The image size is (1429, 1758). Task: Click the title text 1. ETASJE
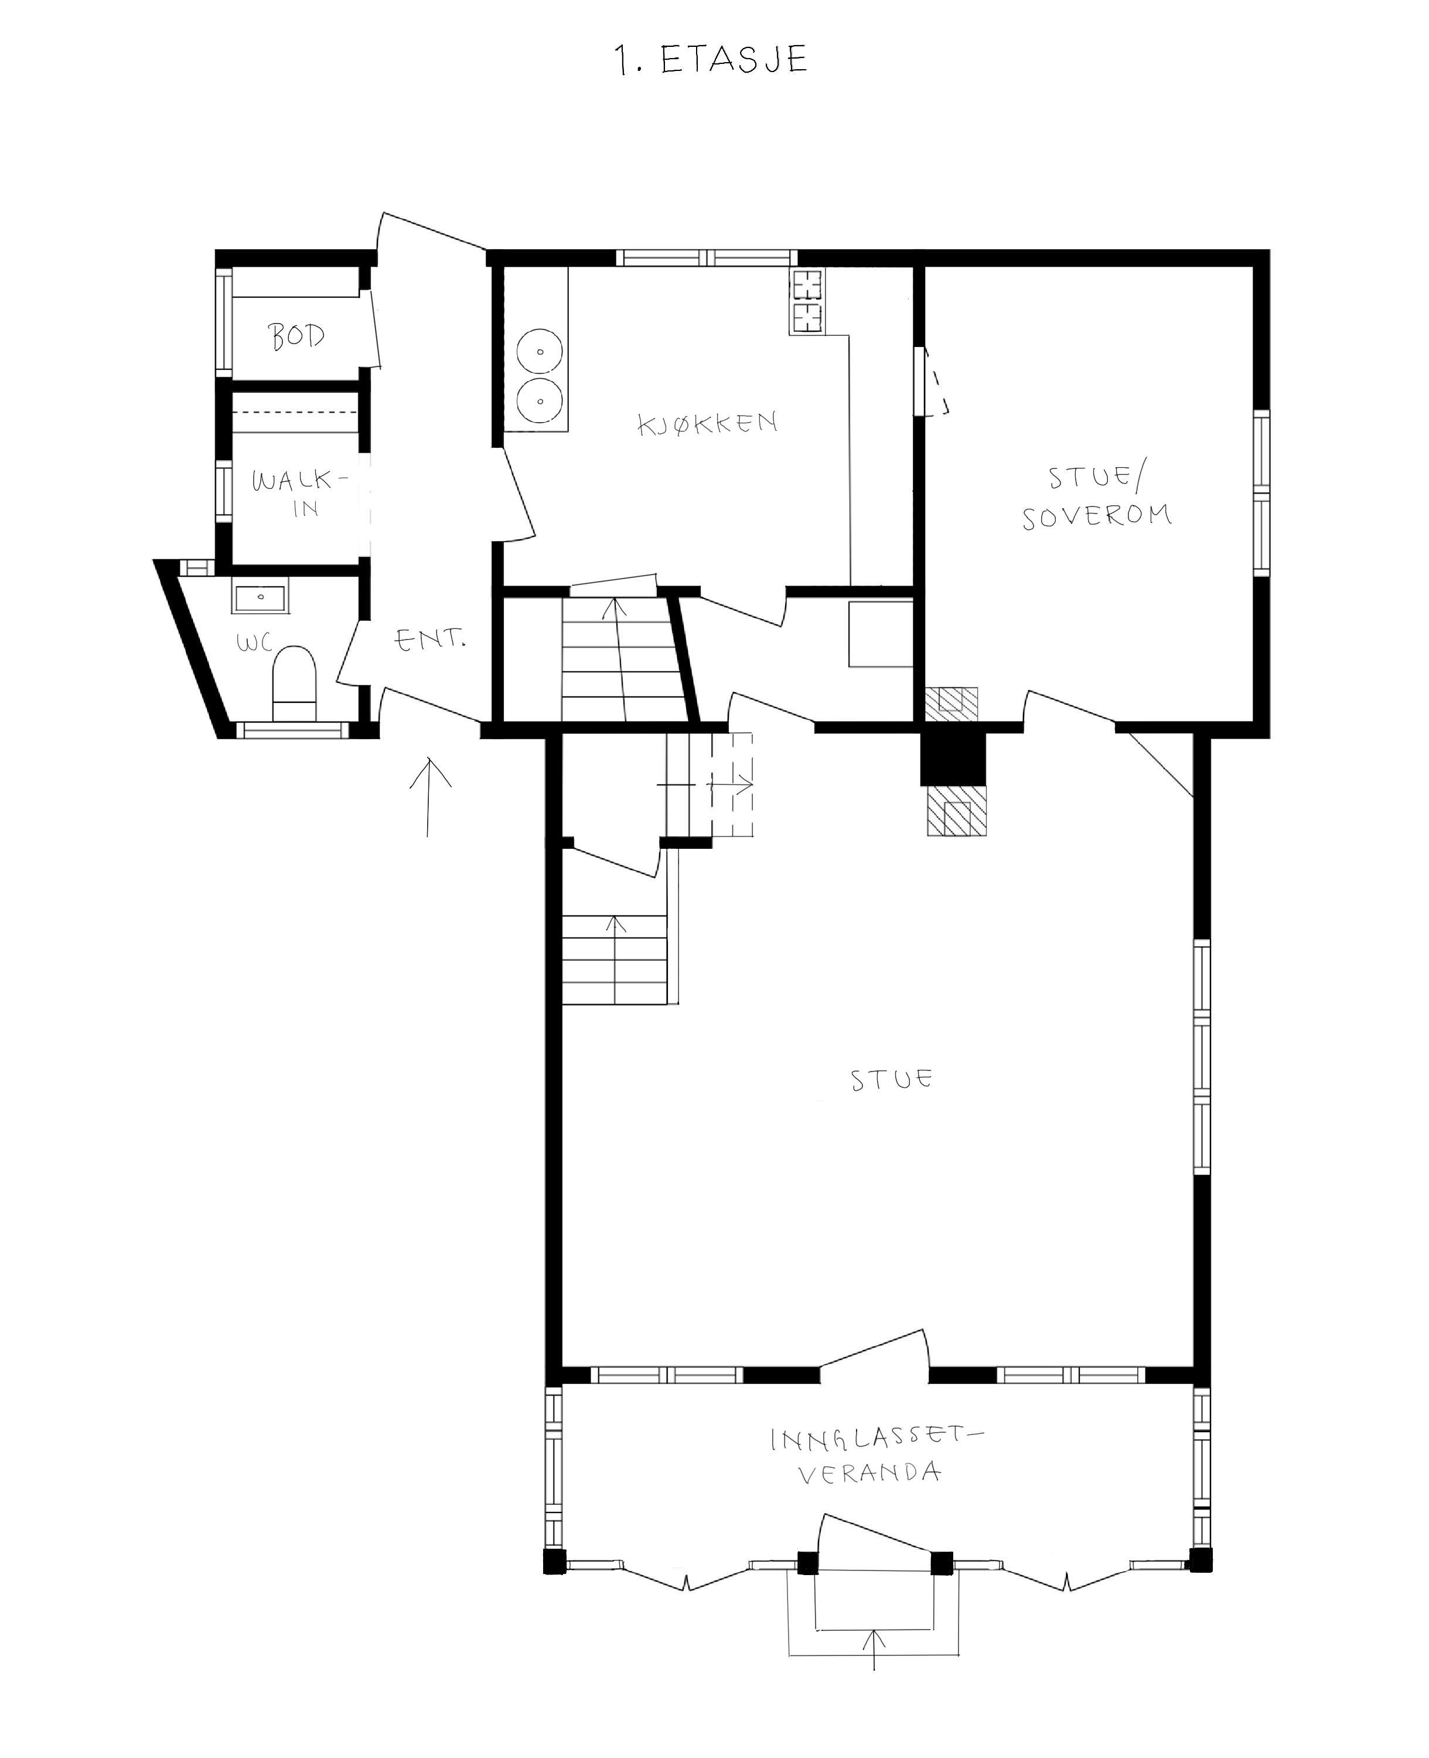pyautogui.click(x=712, y=60)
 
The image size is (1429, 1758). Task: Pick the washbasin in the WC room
pyautogui.click(x=260, y=596)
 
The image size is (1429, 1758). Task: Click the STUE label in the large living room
pyautogui.click(x=892, y=1080)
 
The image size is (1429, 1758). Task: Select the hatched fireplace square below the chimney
pyautogui.click(x=956, y=811)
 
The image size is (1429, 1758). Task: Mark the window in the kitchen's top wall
pyautogui.click(x=708, y=258)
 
